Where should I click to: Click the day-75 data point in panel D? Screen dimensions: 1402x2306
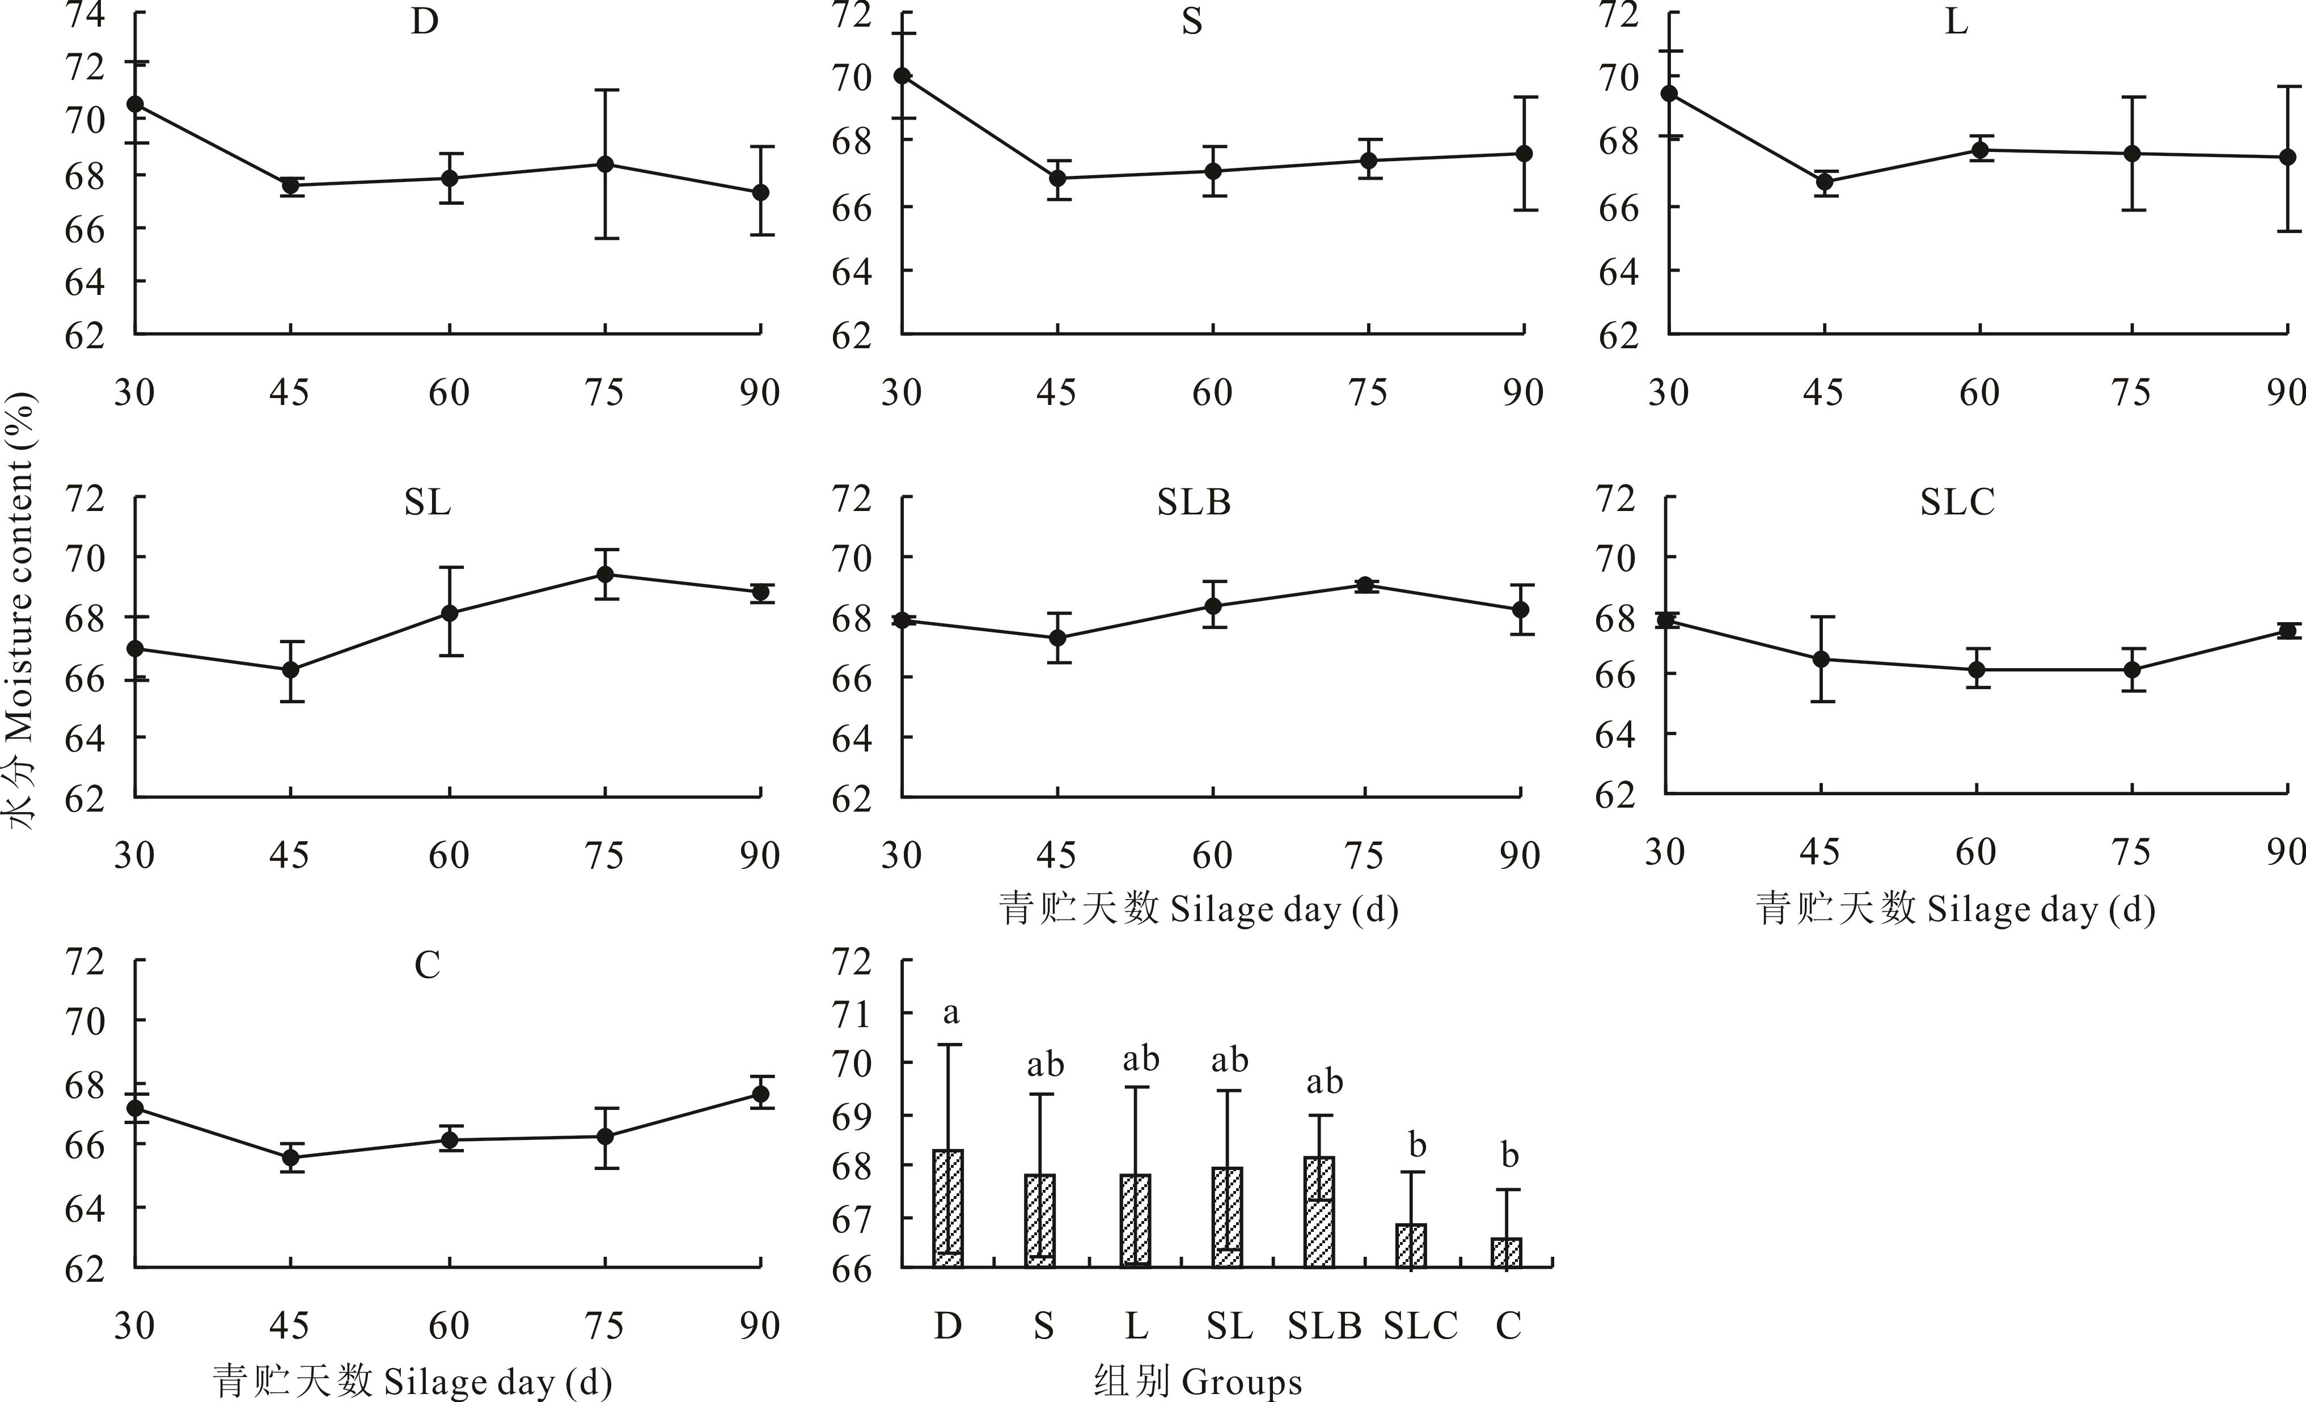(x=606, y=164)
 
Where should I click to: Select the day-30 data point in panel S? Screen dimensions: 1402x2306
(x=902, y=76)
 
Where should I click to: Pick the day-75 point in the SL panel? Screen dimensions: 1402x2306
(x=606, y=574)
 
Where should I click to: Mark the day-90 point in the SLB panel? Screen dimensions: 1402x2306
(x=1521, y=609)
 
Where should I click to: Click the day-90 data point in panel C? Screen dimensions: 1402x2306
(x=761, y=1093)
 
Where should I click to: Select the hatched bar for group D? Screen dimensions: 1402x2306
(x=948, y=1209)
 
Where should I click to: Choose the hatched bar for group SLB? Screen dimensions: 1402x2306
(x=1319, y=1213)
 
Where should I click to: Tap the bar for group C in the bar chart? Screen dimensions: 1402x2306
(x=1507, y=1253)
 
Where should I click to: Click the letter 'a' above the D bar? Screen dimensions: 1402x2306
(x=951, y=1013)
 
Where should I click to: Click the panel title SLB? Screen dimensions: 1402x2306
(x=1193, y=502)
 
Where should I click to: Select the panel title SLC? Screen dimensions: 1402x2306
(x=1957, y=502)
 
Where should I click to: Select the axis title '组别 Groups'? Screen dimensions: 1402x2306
(x=1198, y=1382)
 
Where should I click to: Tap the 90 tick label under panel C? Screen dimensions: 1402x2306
(x=759, y=1325)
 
